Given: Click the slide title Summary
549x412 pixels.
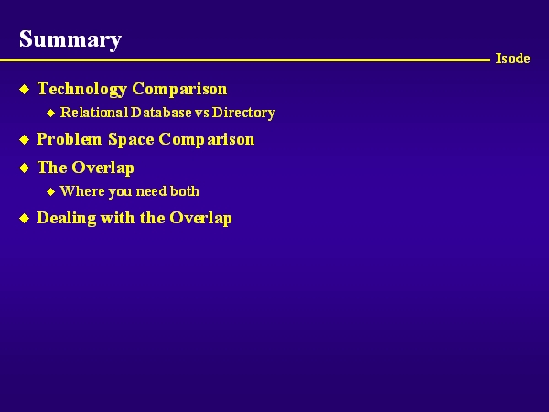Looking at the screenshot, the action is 70,40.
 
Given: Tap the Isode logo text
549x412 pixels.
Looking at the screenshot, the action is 512,59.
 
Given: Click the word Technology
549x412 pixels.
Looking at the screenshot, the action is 82,89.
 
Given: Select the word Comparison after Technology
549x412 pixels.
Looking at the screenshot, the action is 179,89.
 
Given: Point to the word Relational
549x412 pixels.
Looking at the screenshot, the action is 94,113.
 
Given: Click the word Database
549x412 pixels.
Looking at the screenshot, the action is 161,113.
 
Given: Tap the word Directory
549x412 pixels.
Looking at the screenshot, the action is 243,113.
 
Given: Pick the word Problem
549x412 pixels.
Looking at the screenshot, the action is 69,139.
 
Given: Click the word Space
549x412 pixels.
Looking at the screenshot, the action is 131,139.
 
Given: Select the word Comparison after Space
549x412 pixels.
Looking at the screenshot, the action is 207,139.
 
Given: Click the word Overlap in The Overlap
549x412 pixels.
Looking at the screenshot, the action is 102,168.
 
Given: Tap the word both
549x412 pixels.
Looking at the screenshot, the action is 185,191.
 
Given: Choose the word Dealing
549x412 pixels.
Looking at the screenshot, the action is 66,218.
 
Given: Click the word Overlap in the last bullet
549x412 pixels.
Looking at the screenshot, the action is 200,218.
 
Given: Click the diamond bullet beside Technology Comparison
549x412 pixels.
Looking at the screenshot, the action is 24,90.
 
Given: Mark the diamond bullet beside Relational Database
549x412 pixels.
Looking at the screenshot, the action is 50,113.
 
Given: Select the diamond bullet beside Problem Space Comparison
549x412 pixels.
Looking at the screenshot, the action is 24,140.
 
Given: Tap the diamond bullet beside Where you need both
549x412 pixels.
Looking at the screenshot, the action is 50,191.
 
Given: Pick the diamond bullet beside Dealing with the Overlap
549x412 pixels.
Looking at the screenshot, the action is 24,219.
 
